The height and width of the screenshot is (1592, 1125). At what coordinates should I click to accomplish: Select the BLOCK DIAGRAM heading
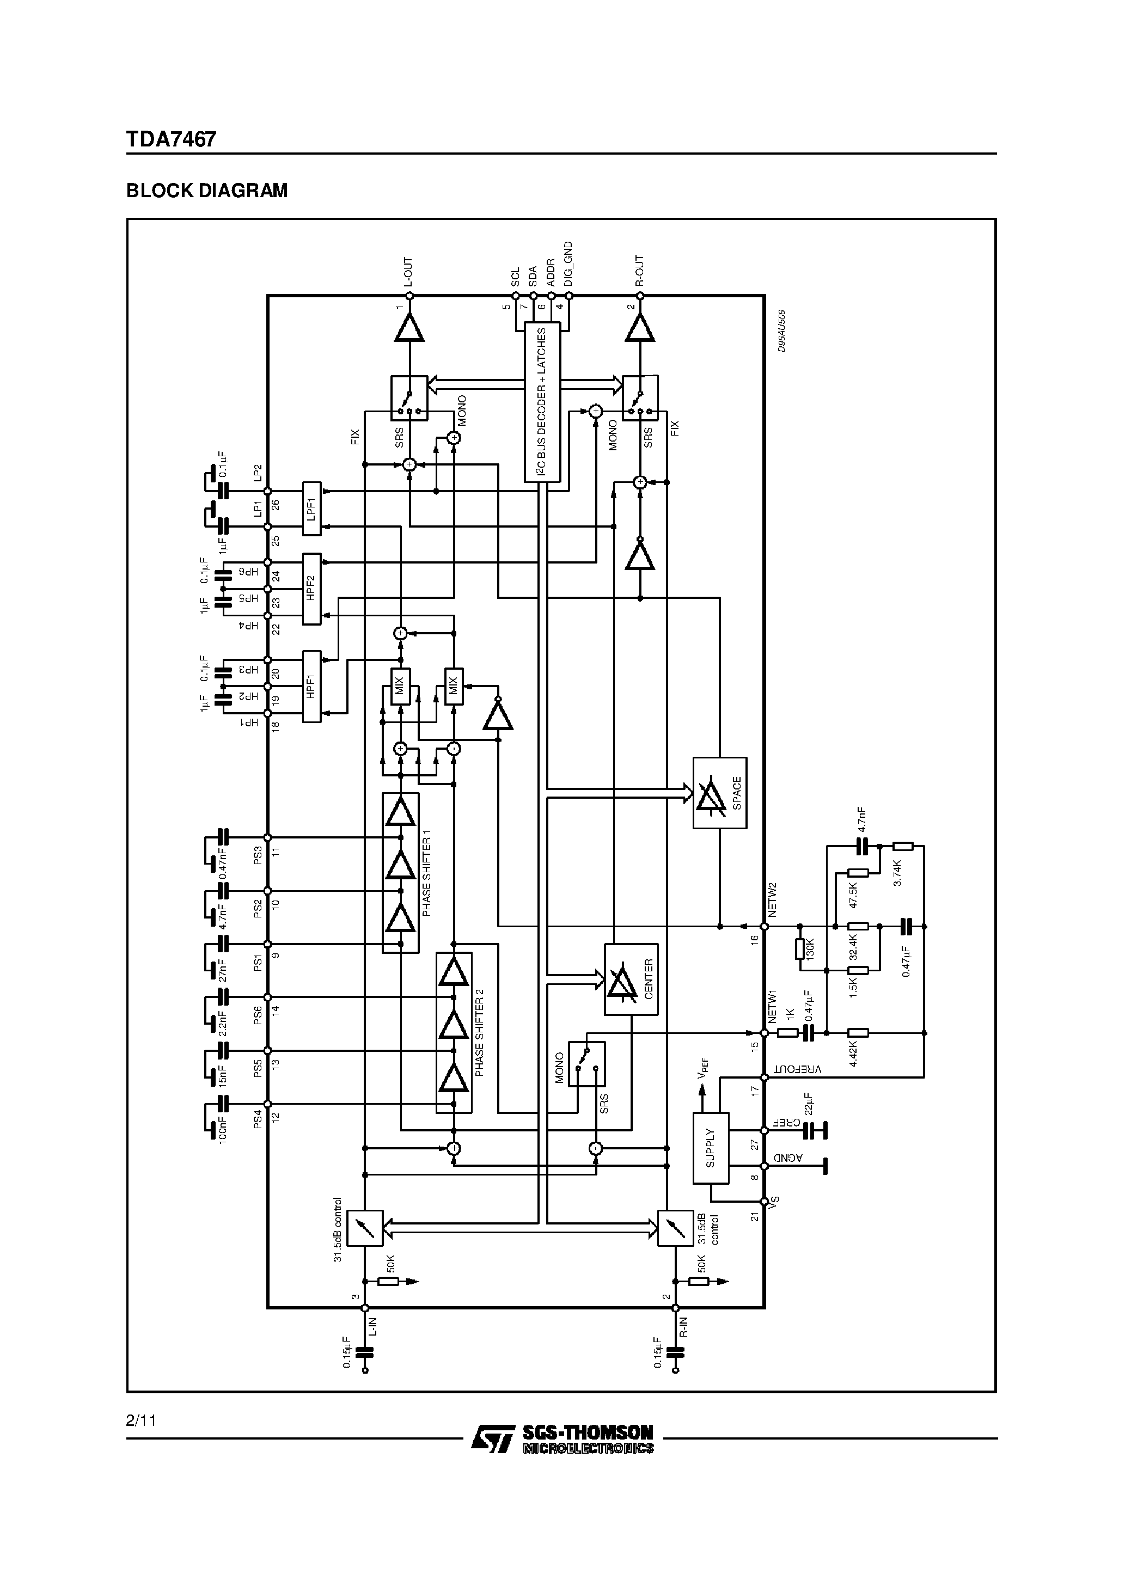[x=207, y=191]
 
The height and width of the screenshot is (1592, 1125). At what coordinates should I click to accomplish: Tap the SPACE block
[x=719, y=793]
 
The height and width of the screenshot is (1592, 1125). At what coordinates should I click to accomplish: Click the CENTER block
[x=631, y=979]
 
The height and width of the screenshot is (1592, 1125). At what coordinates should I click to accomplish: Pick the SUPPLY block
[x=710, y=1148]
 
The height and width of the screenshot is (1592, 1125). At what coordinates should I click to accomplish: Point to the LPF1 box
[x=311, y=509]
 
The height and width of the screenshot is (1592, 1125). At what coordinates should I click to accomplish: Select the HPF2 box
[x=311, y=589]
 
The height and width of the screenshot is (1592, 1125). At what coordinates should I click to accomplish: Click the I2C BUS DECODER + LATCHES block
[x=542, y=401]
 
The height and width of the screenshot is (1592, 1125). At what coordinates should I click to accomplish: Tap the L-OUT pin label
[x=408, y=272]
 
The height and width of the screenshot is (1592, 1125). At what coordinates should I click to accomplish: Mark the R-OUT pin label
[x=639, y=271]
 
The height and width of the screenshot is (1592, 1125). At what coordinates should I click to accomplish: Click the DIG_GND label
[x=568, y=264]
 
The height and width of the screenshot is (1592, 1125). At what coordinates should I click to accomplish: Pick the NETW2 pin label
[x=773, y=899]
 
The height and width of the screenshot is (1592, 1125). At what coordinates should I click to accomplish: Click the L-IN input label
[x=373, y=1327]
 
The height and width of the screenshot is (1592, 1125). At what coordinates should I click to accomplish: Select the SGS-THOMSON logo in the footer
[x=562, y=1437]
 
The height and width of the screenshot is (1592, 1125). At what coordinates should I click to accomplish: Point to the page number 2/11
[x=141, y=1420]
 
